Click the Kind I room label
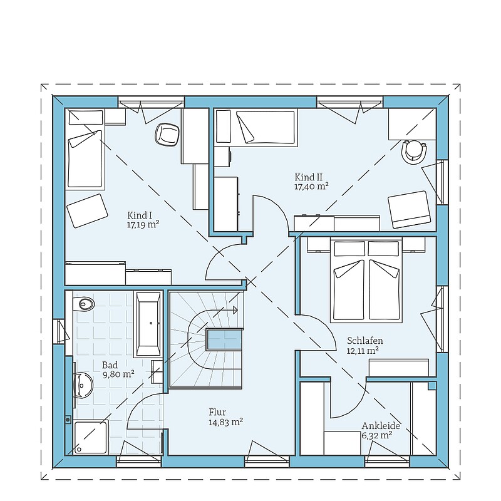click(139, 215)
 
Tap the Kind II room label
click(308, 177)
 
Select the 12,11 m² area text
click(363, 351)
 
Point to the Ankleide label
click(381, 426)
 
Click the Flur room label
click(217, 412)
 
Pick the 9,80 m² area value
click(118, 374)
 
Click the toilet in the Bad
click(84, 304)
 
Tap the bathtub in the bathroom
click(148, 323)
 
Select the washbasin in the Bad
click(83, 385)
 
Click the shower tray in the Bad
click(91, 436)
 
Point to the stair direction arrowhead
click(235, 310)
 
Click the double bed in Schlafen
click(366, 280)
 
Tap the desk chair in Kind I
click(167, 135)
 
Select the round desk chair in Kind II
click(415, 152)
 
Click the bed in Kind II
click(256, 128)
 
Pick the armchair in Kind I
click(87, 210)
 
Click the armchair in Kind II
click(410, 209)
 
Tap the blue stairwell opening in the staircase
click(225, 339)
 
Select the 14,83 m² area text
click(226, 422)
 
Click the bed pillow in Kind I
click(86, 117)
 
